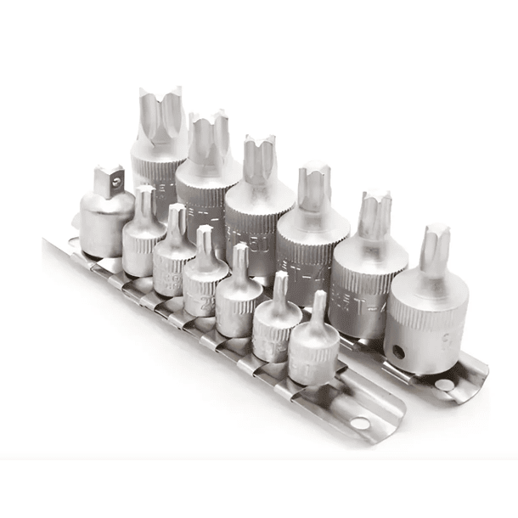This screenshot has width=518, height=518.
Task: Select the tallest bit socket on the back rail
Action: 160,144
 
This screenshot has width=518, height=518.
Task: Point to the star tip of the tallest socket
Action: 161,106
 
